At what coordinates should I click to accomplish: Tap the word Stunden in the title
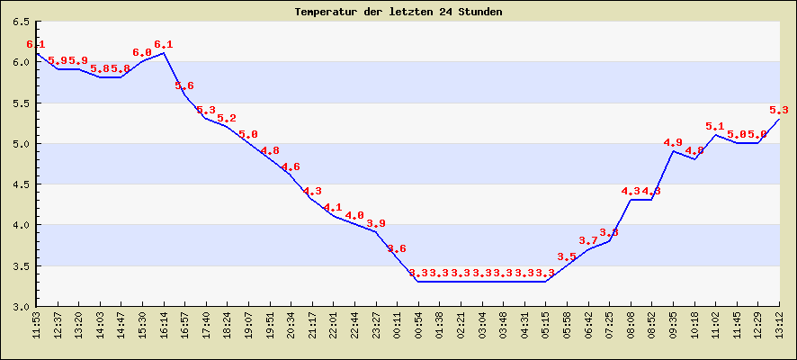tap(478, 12)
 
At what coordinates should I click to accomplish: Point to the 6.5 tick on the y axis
tap(19, 22)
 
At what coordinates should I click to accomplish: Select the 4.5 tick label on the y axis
tap(19, 184)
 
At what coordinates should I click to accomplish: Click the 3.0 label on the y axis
tap(19, 306)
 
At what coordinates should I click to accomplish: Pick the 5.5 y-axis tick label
tap(19, 103)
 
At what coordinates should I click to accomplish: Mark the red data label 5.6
tap(184, 86)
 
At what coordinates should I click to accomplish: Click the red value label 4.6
tap(291, 167)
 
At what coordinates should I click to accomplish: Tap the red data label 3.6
tap(397, 248)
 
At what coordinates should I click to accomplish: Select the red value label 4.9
tap(673, 143)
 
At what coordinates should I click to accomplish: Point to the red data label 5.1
tap(715, 127)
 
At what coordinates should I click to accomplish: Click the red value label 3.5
tap(567, 257)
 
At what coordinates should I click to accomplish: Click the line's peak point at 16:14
tap(164, 53)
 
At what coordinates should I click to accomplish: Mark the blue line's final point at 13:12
tap(779, 119)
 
